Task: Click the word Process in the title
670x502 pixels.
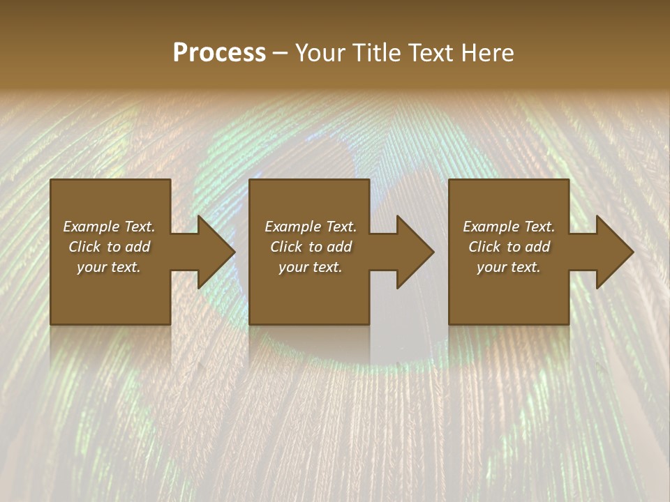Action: [x=219, y=53]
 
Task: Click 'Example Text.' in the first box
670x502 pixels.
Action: [x=109, y=227]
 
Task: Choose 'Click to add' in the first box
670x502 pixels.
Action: [x=109, y=247]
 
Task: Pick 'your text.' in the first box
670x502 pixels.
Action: [x=109, y=267]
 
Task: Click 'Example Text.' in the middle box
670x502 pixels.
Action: [x=311, y=227]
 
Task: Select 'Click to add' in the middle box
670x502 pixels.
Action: [x=311, y=247]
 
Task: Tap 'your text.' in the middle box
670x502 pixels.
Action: [x=311, y=267]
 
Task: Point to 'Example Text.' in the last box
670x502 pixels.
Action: [x=509, y=227]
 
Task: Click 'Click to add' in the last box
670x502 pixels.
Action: [x=509, y=247]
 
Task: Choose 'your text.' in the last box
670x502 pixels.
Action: [x=509, y=267]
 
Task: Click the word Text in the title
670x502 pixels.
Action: [x=429, y=53]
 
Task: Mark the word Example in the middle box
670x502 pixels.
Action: [x=294, y=227]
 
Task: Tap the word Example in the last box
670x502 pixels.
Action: [x=492, y=227]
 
